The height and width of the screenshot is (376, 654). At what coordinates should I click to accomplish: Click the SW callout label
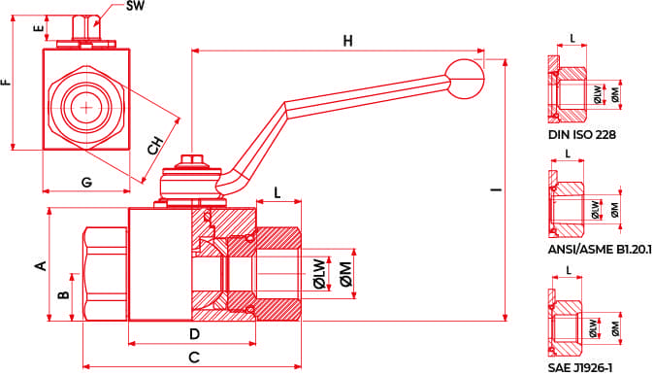[135, 6]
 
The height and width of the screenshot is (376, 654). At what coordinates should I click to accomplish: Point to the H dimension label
[347, 41]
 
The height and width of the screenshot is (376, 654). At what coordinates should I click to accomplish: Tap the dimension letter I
[497, 190]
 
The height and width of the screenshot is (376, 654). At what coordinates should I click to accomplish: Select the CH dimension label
[155, 145]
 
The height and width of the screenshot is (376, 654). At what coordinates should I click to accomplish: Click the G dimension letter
[86, 182]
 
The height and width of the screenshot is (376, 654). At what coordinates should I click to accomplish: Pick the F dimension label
[6, 82]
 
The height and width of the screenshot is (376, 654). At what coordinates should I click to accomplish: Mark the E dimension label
[39, 28]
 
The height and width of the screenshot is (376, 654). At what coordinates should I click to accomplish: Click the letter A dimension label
[41, 265]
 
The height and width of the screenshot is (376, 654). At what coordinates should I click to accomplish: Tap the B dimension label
[63, 295]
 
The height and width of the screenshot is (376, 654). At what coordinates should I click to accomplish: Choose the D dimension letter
[194, 334]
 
